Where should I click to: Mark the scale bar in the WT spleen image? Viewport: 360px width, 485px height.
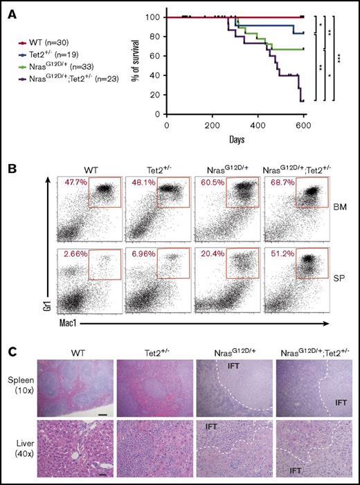(x=101, y=415)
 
